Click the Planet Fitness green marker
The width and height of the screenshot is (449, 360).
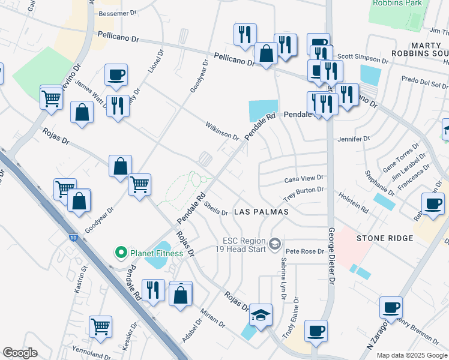[120, 253]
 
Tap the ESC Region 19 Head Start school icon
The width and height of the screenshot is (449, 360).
[275, 243]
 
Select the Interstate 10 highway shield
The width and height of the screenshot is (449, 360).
[73, 222]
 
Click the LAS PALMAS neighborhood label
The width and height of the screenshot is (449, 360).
[261, 212]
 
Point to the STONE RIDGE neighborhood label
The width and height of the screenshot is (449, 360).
[385, 238]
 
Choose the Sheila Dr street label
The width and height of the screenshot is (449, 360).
[216, 208]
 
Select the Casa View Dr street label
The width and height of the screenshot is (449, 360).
[304, 178]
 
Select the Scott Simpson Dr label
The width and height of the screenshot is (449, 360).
[362, 58]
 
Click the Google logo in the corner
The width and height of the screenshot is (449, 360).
[20, 353]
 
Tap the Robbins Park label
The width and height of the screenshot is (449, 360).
[397, 3]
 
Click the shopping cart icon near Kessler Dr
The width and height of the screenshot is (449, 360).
[100, 326]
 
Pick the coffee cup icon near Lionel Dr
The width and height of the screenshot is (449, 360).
[116, 75]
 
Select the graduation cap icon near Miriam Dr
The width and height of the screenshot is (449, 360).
[261, 314]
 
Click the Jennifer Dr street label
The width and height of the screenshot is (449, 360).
[354, 139]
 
